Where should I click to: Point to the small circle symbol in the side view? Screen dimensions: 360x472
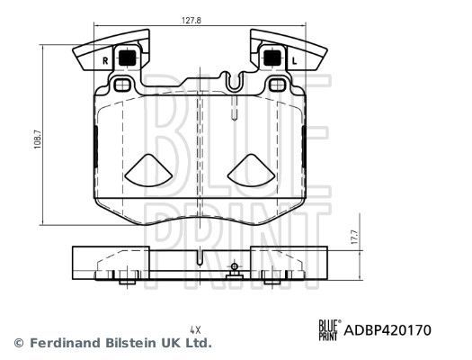click(234, 266)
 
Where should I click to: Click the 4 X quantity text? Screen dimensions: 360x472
click(194, 329)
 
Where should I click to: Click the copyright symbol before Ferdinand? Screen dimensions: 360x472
click(19, 343)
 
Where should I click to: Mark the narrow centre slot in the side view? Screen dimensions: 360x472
click(197, 262)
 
